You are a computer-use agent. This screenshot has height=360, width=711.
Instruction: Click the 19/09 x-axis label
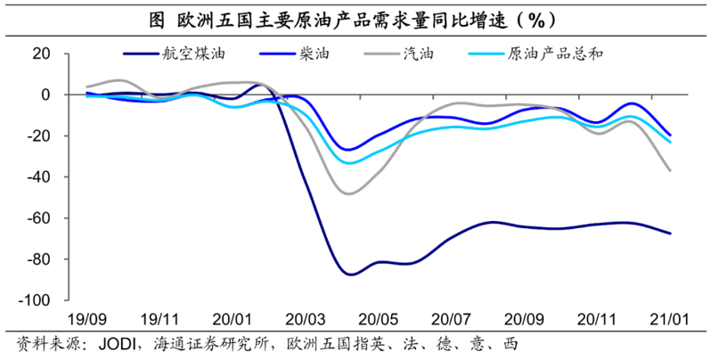point(86,318)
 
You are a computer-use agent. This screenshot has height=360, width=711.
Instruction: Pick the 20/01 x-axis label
point(233,318)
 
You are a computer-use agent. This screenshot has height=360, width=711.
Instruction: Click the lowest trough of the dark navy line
point(349,274)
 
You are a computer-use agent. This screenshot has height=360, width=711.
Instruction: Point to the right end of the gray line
point(670,170)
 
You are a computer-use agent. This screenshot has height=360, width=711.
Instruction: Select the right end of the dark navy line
point(670,233)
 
